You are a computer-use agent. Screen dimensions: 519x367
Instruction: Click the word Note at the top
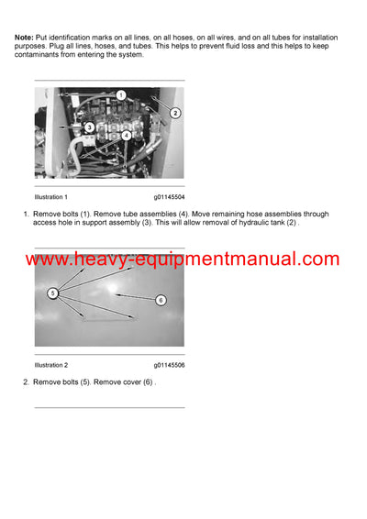tap(25, 36)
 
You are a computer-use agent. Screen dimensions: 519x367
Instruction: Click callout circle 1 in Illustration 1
tap(120, 94)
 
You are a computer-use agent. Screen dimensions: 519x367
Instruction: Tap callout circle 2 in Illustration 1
tap(174, 113)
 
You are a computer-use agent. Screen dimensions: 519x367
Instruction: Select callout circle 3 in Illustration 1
tap(89, 127)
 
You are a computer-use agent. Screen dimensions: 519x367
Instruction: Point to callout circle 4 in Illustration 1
tap(126, 135)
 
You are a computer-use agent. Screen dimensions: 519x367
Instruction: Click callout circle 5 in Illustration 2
tap(53, 293)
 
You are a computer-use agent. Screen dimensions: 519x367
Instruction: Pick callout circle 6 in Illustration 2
tap(160, 300)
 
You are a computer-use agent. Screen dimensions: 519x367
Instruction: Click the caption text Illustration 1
tap(50, 197)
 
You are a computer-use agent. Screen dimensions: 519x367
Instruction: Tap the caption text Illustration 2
tap(50, 365)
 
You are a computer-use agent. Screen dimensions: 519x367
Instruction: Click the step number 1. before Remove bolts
tap(27, 214)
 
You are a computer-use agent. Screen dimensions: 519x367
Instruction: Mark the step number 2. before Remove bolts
tap(27, 381)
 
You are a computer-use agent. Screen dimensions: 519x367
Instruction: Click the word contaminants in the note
tap(40, 55)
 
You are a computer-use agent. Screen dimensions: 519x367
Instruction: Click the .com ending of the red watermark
tap(317, 260)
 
